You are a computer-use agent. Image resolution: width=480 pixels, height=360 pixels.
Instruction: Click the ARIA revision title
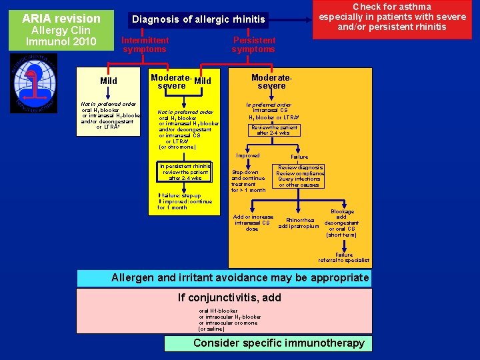tap(61, 19)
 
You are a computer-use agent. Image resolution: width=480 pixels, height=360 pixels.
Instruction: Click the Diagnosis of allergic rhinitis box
tap(198, 19)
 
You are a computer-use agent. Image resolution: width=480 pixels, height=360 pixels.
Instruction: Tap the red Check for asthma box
tap(392, 17)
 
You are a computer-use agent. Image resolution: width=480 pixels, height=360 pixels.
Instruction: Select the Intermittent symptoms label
tap(145, 45)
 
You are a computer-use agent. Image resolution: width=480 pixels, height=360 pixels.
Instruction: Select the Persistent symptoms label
tap(253, 45)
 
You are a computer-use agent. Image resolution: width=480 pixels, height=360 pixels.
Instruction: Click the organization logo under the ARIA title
tap(33, 83)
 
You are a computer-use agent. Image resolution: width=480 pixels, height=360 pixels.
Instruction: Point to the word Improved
tap(248, 155)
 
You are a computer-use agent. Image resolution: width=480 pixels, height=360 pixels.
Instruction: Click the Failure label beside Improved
tap(299, 157)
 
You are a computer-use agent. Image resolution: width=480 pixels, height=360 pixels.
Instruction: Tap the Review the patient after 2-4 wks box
tap(274, 130)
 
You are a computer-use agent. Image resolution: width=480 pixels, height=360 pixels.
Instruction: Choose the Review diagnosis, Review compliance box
tap(299, 176)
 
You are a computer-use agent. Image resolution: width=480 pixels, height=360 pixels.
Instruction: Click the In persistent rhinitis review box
tap(185, 172)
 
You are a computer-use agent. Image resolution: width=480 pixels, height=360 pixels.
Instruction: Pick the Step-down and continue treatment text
tap(248, 181)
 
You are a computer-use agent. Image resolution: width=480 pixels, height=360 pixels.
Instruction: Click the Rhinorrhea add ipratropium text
tap(299, 223)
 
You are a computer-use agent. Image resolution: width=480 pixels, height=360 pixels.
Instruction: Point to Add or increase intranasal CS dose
tap(253, 223)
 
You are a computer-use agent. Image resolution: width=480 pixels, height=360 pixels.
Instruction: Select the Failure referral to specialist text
tap(343, 257)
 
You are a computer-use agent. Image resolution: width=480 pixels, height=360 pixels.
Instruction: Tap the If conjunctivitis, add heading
tap(229, 297)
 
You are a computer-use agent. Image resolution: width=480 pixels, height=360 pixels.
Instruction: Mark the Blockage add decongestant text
tap(341, 223)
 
